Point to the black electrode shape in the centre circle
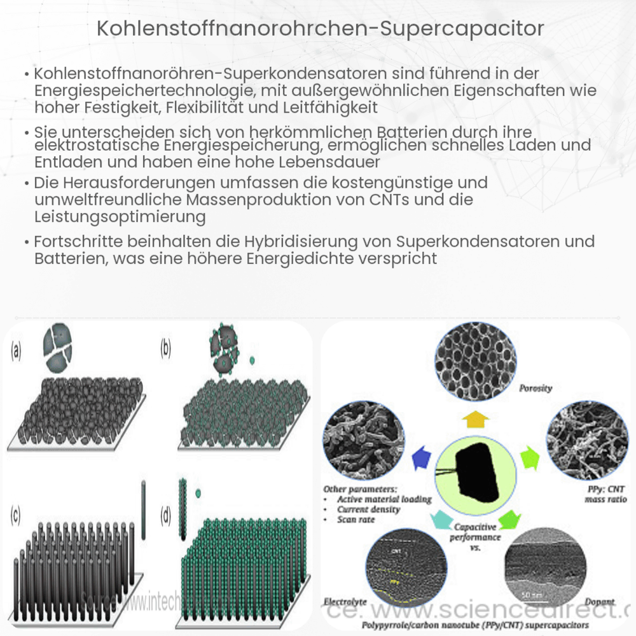click(478, 469)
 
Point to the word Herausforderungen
click(121, 183)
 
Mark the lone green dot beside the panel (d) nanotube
click(198, 493)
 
